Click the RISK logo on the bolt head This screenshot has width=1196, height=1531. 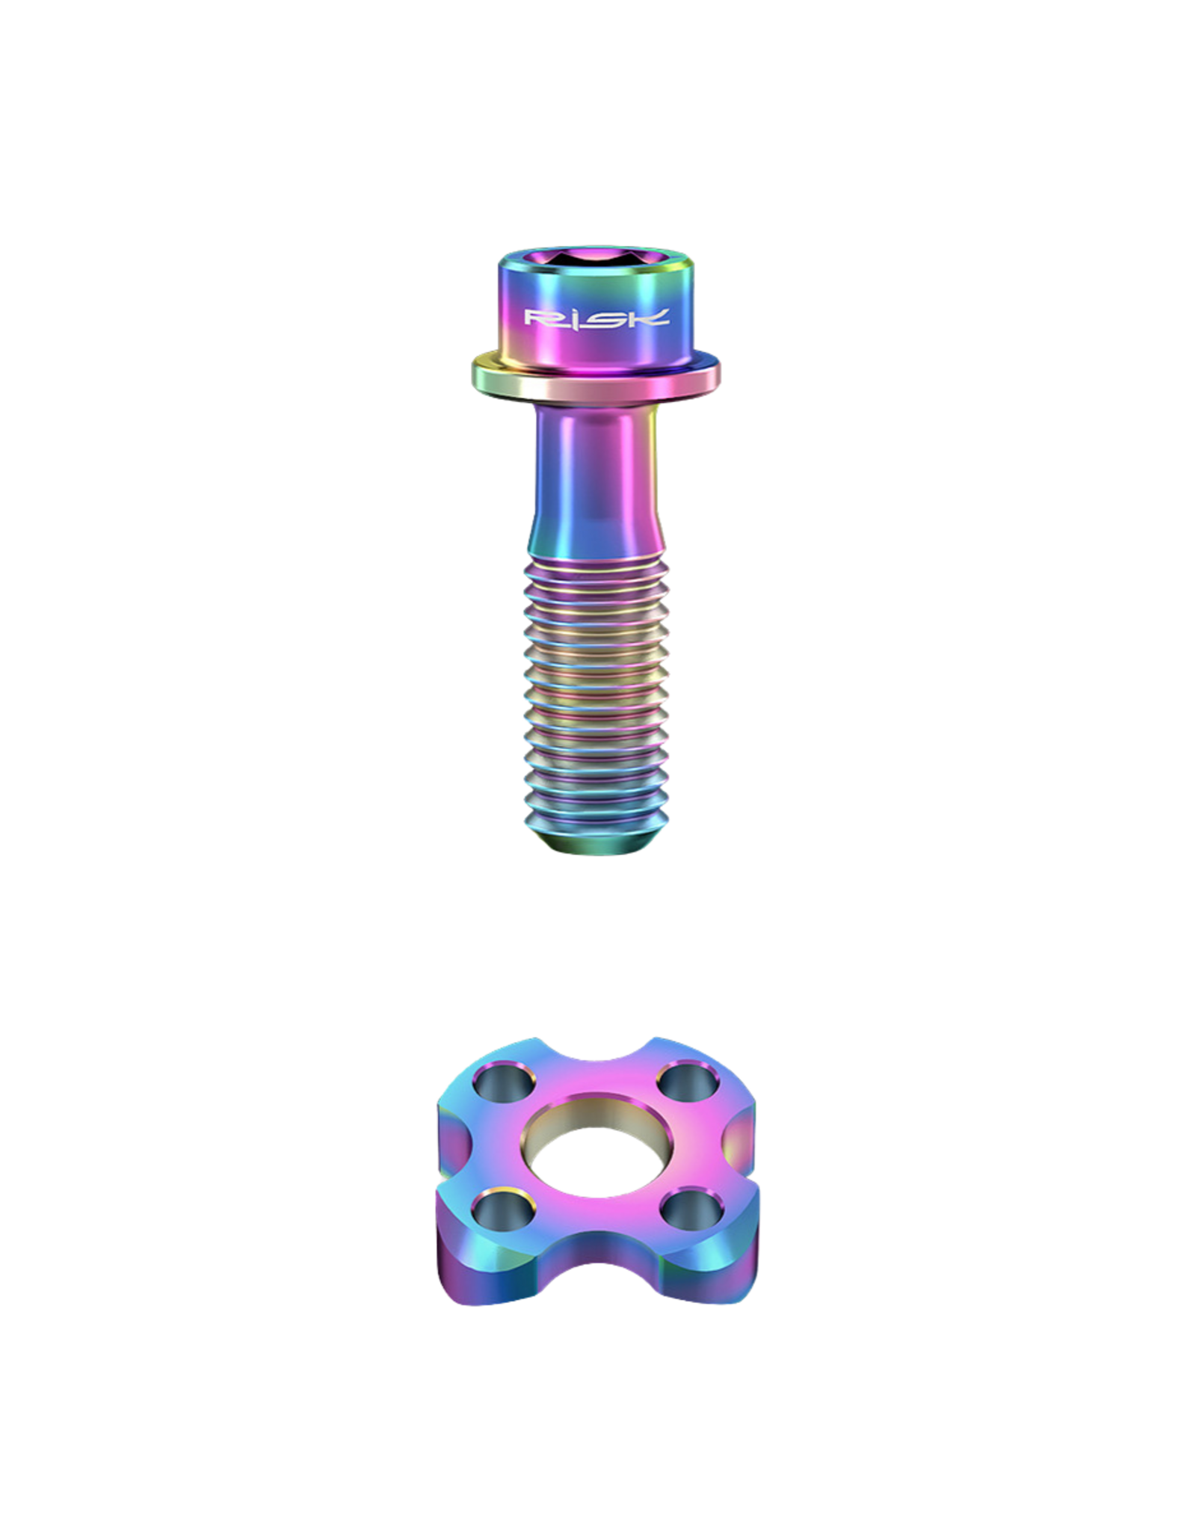click(x=596, y=318)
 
